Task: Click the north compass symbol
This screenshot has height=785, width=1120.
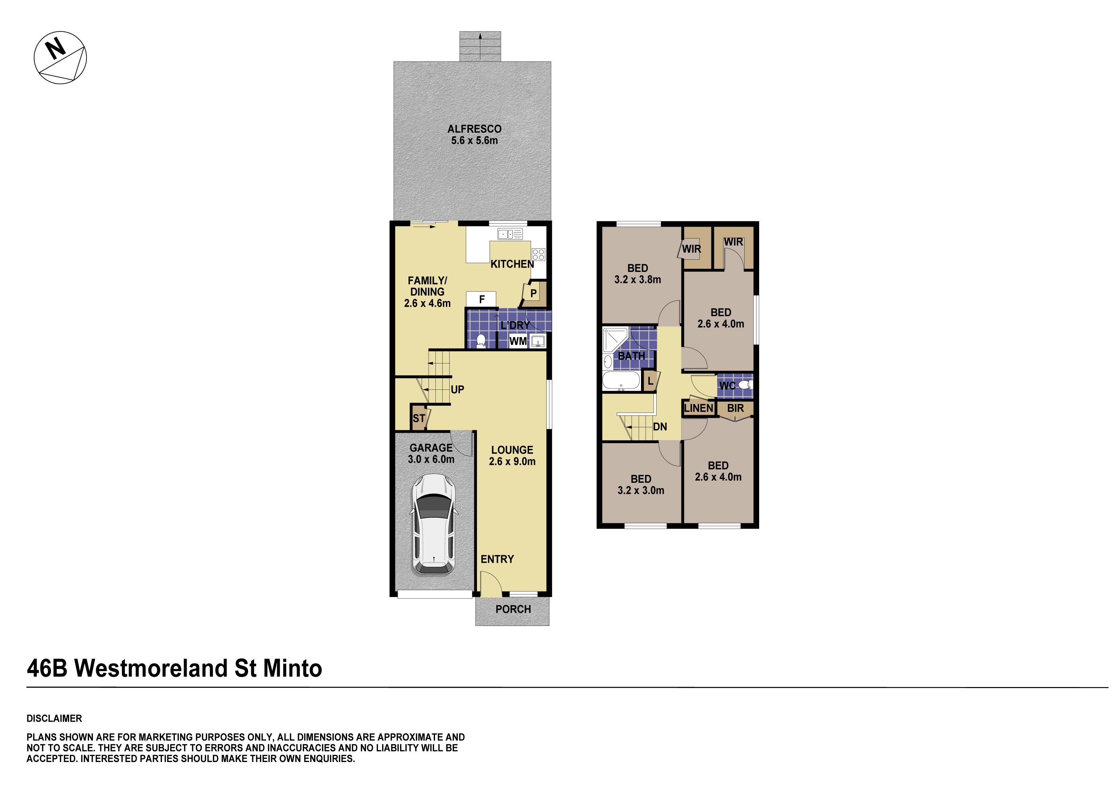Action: point(60,58)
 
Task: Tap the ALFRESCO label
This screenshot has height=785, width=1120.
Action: point(474,129)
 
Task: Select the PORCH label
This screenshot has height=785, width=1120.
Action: point(513,609)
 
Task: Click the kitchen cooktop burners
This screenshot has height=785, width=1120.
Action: point(538,254)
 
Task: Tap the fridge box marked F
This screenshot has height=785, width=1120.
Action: point(481,299)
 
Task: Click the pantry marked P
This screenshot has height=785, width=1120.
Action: point(534,294)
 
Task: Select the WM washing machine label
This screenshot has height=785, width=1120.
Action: point(518,341)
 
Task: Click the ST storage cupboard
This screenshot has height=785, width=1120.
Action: point(419,418)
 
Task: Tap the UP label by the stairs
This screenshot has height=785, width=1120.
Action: point(457,389)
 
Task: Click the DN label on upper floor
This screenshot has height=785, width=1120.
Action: point(660,427)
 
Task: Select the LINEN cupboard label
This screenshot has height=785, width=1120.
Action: point(698,408)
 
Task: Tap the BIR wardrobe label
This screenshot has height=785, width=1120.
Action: point(735,408)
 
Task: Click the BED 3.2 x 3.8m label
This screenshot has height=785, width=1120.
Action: point(638,274)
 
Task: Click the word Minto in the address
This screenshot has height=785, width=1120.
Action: point(293,668)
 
